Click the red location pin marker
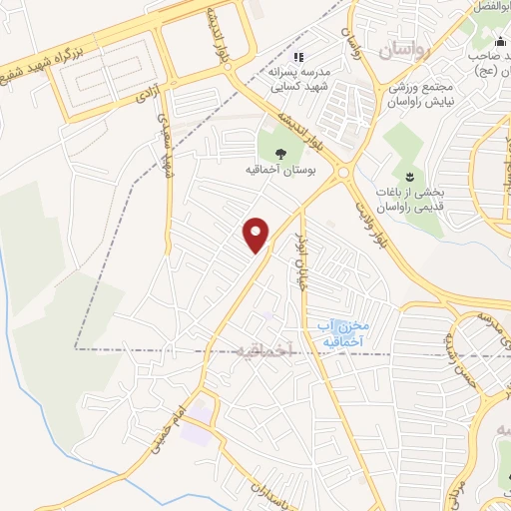tap(257, 233)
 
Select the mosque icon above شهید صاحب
tap(500, 42)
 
